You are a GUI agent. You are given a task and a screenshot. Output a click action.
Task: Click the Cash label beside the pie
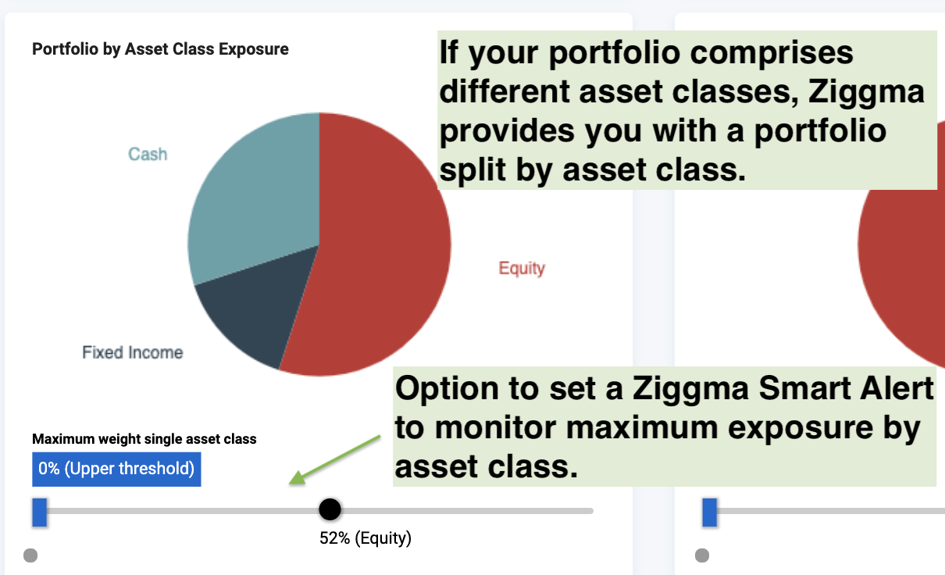[148, 155]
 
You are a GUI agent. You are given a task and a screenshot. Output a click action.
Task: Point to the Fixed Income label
[133, 352]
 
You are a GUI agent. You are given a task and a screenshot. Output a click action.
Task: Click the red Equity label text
[522, 268]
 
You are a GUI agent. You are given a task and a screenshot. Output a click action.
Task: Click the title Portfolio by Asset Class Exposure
[160, 49]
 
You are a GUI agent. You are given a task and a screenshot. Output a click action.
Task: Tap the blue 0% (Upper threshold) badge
[116, 469]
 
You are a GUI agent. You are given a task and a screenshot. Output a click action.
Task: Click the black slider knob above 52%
[330, 509]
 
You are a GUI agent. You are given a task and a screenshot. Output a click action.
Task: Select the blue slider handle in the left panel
[40, 512]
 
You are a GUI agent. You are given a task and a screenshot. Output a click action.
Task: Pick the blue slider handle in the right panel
[710, 512]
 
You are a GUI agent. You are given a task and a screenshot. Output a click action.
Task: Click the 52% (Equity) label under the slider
[366, 538]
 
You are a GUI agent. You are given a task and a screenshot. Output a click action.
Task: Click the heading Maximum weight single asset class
[144, 439]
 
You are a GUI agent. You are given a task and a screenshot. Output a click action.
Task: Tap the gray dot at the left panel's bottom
[30, 555]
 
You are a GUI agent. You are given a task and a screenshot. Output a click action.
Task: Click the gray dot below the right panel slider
[702, 555]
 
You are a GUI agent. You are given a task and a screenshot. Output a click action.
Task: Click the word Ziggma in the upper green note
[866, 91]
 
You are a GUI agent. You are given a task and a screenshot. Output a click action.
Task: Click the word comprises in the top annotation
[772, 53]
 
